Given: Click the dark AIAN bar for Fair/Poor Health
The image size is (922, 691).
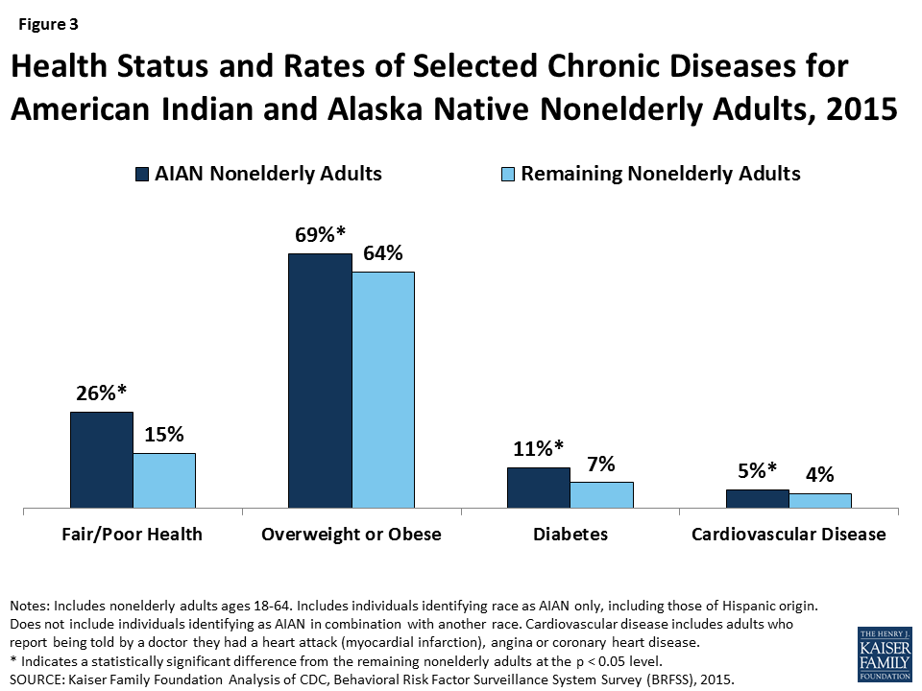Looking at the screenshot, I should click(101, 460).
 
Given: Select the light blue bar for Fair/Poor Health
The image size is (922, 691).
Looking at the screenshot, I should click(164, 480).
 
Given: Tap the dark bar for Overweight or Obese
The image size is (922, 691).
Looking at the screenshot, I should click(320, 380).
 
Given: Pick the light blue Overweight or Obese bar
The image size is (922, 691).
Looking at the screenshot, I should click(383, 389).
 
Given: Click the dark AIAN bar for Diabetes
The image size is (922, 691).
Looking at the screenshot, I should click(538, 488).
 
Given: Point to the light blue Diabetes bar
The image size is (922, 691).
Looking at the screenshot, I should click(601, 494).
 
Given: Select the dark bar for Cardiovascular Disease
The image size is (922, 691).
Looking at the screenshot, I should click(757, 498).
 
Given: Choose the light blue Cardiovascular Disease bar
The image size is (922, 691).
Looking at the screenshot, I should click(820, 500).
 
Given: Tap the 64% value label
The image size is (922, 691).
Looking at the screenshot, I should click(382, 254).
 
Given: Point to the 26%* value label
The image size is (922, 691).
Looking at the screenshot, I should click(103, 393).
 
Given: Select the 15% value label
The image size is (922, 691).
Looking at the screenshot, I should click(164, 434).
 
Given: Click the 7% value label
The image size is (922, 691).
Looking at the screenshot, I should click(601, 464).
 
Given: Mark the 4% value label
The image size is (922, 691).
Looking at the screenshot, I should click(820, 474).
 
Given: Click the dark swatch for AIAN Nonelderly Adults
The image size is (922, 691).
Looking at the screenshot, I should click(142, 175).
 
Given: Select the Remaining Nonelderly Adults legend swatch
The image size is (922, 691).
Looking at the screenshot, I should click(508, 175).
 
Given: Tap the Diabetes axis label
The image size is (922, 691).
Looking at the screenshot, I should click(570, 535).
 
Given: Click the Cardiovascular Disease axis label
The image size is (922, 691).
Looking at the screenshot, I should click(789, 535).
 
